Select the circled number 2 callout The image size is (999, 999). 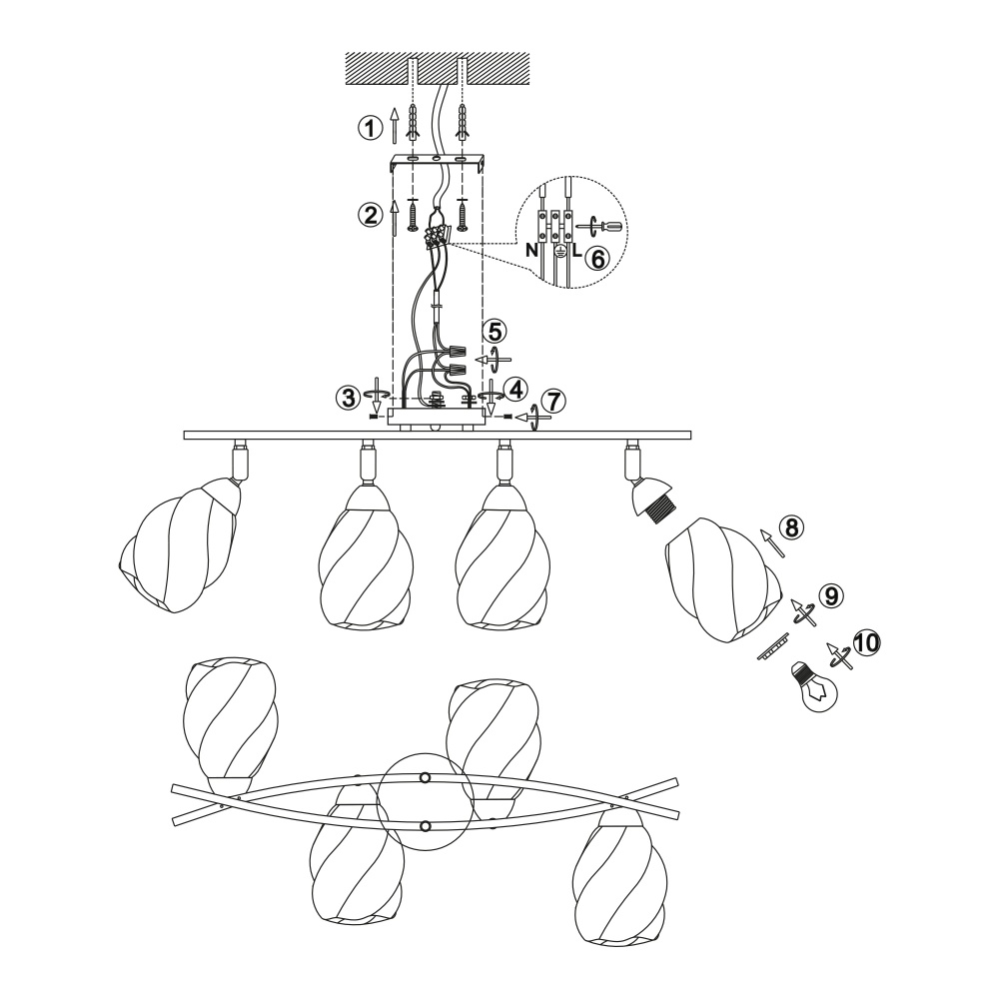369,215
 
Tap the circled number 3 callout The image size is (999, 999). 349,399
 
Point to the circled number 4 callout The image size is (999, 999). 514,388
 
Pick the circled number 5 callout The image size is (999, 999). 494,331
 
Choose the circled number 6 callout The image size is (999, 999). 597,258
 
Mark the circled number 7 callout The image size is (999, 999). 553,401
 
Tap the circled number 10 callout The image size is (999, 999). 866,642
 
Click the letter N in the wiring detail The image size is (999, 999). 532,251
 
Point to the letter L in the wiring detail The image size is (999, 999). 576,251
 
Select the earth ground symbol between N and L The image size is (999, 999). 558,251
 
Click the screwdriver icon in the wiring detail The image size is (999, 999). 601,225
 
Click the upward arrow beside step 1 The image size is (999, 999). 395,125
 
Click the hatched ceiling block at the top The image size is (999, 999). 438,68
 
